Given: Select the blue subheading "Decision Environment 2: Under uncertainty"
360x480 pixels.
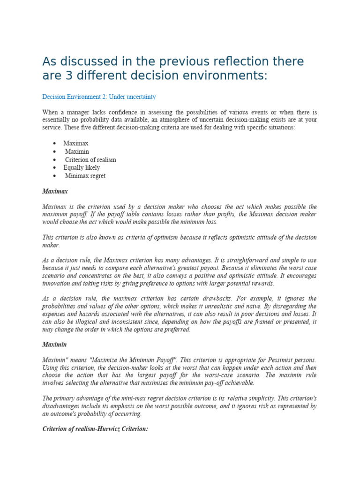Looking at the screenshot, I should pos(99,97).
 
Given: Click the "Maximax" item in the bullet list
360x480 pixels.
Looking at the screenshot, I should pos(76,143).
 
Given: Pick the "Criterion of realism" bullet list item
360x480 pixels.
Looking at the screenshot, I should pos(90,159).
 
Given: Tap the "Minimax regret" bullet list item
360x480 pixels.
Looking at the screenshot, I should pos(85,176).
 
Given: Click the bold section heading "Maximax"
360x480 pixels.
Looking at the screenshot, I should pos(55,192).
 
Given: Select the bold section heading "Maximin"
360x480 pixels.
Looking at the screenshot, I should pos(55,345).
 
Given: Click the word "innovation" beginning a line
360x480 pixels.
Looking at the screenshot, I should pos(58,283).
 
